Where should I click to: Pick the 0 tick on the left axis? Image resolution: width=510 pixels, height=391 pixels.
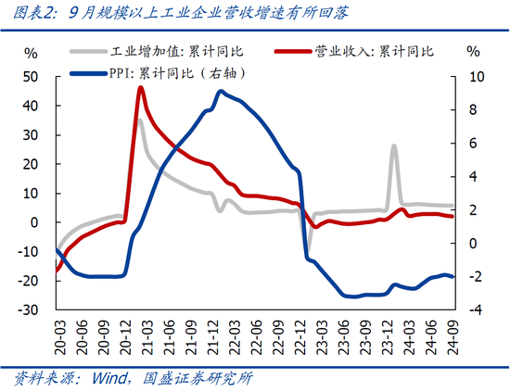coord(34,222)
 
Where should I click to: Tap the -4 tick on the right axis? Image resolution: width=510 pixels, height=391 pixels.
coord(474,309)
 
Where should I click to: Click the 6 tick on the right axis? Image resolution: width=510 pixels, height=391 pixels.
coord(474,144)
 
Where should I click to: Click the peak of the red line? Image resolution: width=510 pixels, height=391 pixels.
coord(140,87)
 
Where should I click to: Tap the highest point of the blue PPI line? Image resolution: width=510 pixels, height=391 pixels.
coord(220,91)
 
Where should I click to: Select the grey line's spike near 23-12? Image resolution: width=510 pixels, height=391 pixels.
coord(394,145)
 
